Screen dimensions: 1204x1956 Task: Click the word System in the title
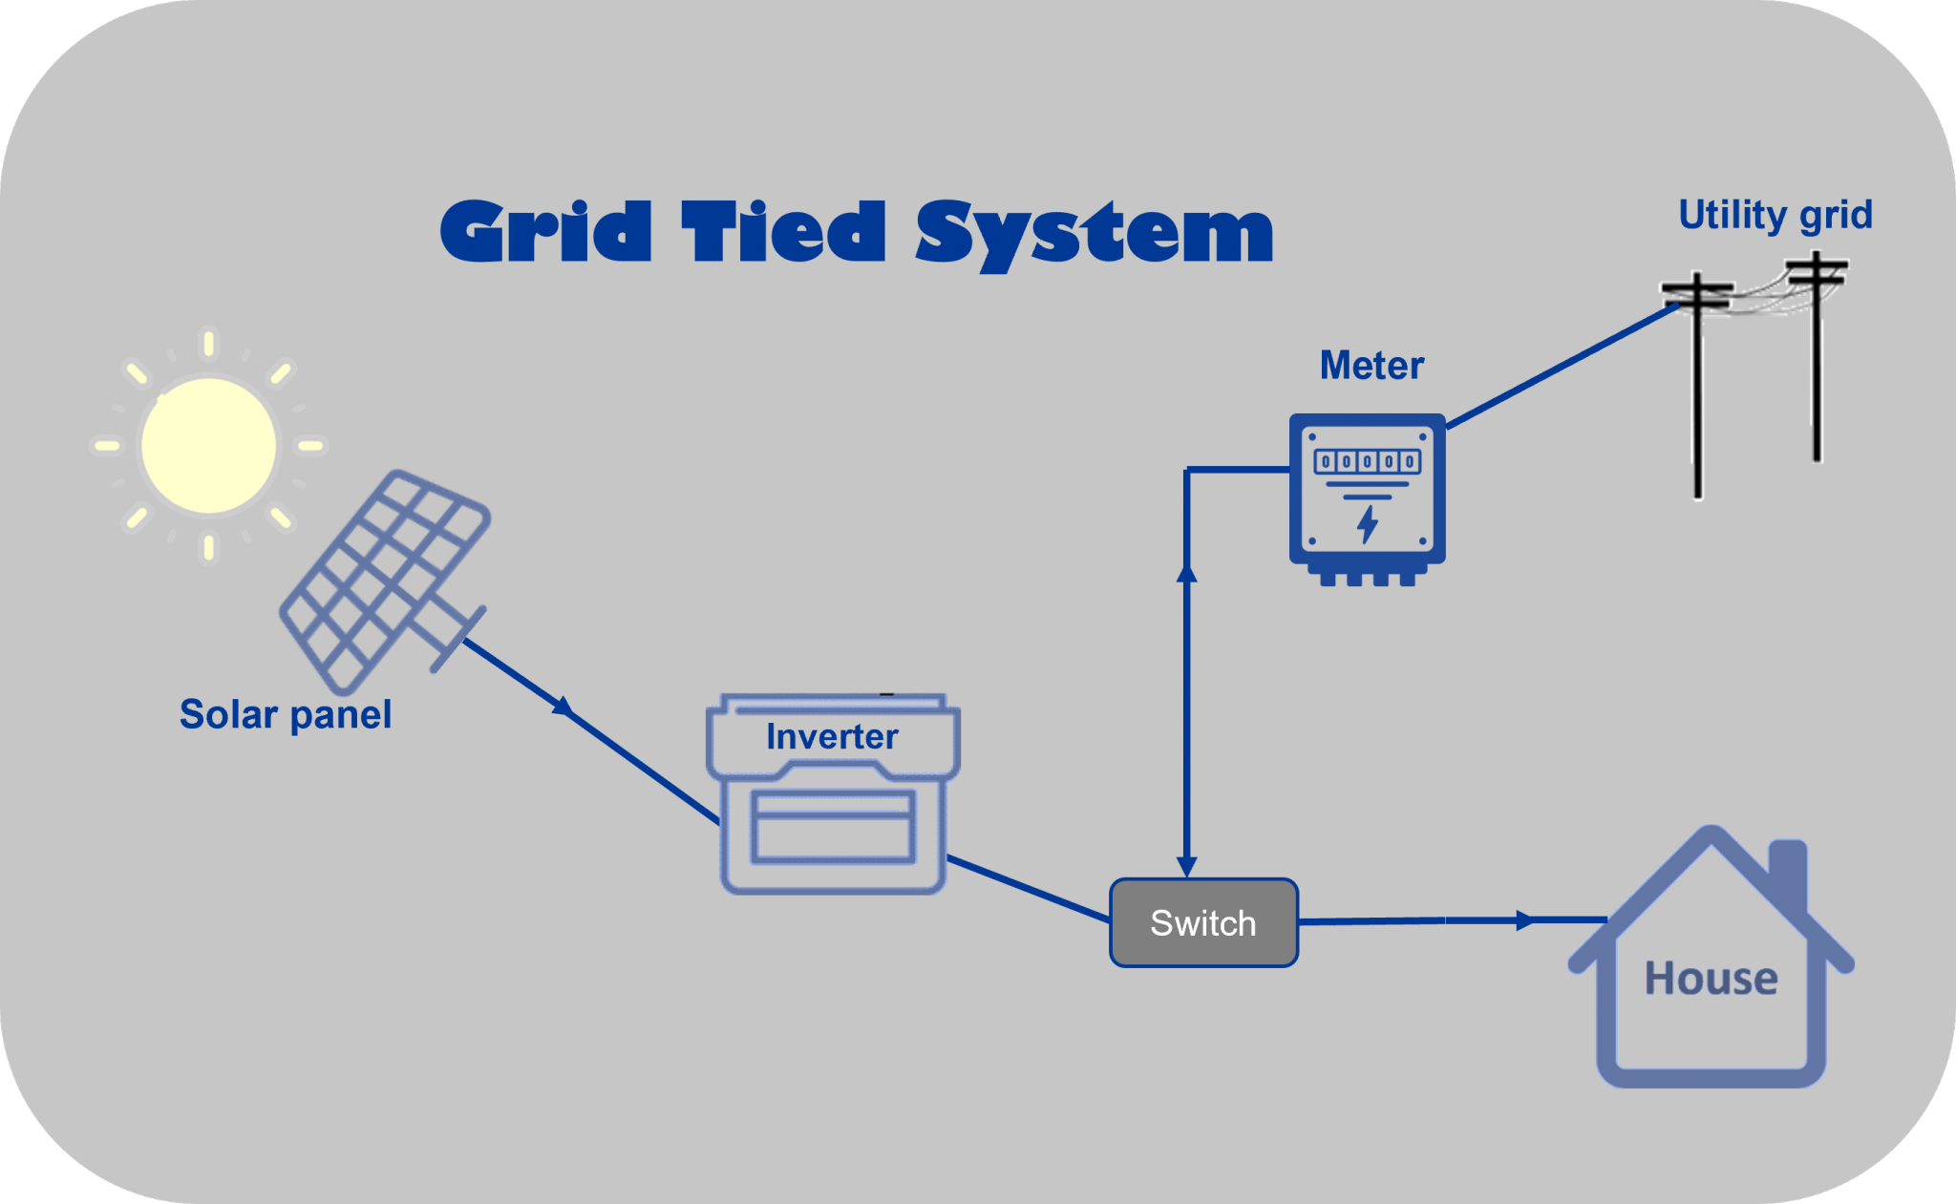click(x=1095, y=234)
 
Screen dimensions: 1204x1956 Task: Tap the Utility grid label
click(x=1775, y=215)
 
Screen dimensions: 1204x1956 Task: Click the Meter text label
click(x=1371, y=366)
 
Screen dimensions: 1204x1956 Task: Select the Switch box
click(x=1203, y=922)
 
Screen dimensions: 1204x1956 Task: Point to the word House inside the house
click(x=1711, y=979)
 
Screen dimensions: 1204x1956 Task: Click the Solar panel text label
click(x=286, y=714)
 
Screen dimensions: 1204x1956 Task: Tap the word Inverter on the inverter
click(x=832, y=737)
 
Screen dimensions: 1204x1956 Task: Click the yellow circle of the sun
click(x=209, y=446)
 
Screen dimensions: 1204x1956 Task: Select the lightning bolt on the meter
click(x=1368, y=524)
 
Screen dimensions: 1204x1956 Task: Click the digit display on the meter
click(x=1367, y=462)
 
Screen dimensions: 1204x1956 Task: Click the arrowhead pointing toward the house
click(x=1525, y=920)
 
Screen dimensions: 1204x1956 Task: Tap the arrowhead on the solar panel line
click(x=564, y=708)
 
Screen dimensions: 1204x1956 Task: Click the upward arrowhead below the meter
click(x=1186, y=572)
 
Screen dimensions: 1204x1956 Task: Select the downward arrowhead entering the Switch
click(x=1186, y=867)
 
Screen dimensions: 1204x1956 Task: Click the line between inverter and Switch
click(x=1028, y=889)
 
